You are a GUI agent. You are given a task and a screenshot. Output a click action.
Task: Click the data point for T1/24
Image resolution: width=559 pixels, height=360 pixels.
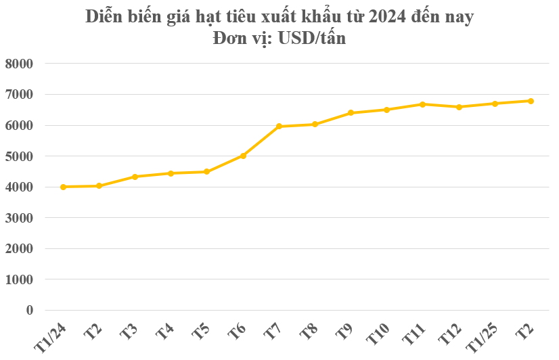coord(63,187)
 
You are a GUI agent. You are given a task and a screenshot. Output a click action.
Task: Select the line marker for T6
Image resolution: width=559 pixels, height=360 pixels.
coord(243,156)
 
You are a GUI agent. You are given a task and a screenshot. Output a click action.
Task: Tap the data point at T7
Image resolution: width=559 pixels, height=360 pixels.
coord(279,127)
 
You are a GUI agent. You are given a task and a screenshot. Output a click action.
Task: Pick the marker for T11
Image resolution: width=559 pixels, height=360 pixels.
coord(422,104)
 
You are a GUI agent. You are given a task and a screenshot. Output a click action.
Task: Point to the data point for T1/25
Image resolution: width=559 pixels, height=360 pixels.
coord(495,104)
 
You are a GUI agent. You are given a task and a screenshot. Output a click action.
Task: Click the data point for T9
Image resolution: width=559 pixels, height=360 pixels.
coord(351,113)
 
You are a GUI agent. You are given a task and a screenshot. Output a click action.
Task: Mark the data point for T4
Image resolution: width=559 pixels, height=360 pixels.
coord(171,173)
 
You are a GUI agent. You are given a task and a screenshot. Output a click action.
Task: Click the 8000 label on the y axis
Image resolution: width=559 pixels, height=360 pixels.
coord(19,64)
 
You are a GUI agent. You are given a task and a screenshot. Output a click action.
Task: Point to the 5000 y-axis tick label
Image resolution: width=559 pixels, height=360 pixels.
coord(19,156)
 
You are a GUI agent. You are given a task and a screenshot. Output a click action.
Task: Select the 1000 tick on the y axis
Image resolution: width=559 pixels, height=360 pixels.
coord(19,279)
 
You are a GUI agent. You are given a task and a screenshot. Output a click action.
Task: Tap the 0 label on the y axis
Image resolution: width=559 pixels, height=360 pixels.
coord(29,310)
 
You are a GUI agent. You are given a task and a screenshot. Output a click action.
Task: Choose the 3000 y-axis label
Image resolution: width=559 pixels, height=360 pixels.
coord(19,218)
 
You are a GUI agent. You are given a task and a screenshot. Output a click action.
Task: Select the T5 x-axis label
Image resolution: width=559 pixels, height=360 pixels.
coord(200,332)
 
